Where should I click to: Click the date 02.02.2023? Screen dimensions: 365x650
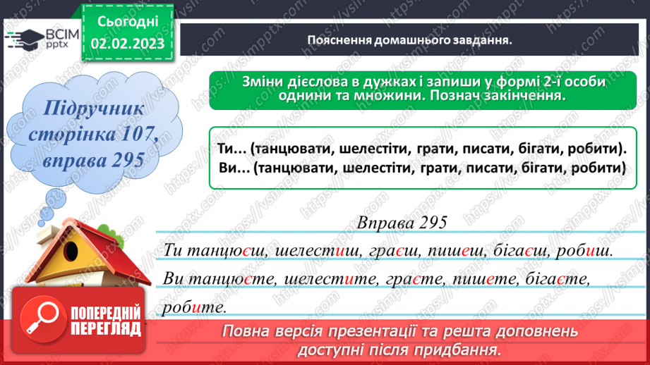click(x=127, y=44)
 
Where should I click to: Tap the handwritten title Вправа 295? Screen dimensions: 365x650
click(x=402, y=222)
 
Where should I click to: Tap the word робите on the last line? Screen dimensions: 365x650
click(x=193, y=307)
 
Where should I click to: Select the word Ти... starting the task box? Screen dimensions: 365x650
click(x=229, y=149)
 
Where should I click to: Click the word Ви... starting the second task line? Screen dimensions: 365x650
click(x=230, y=169)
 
